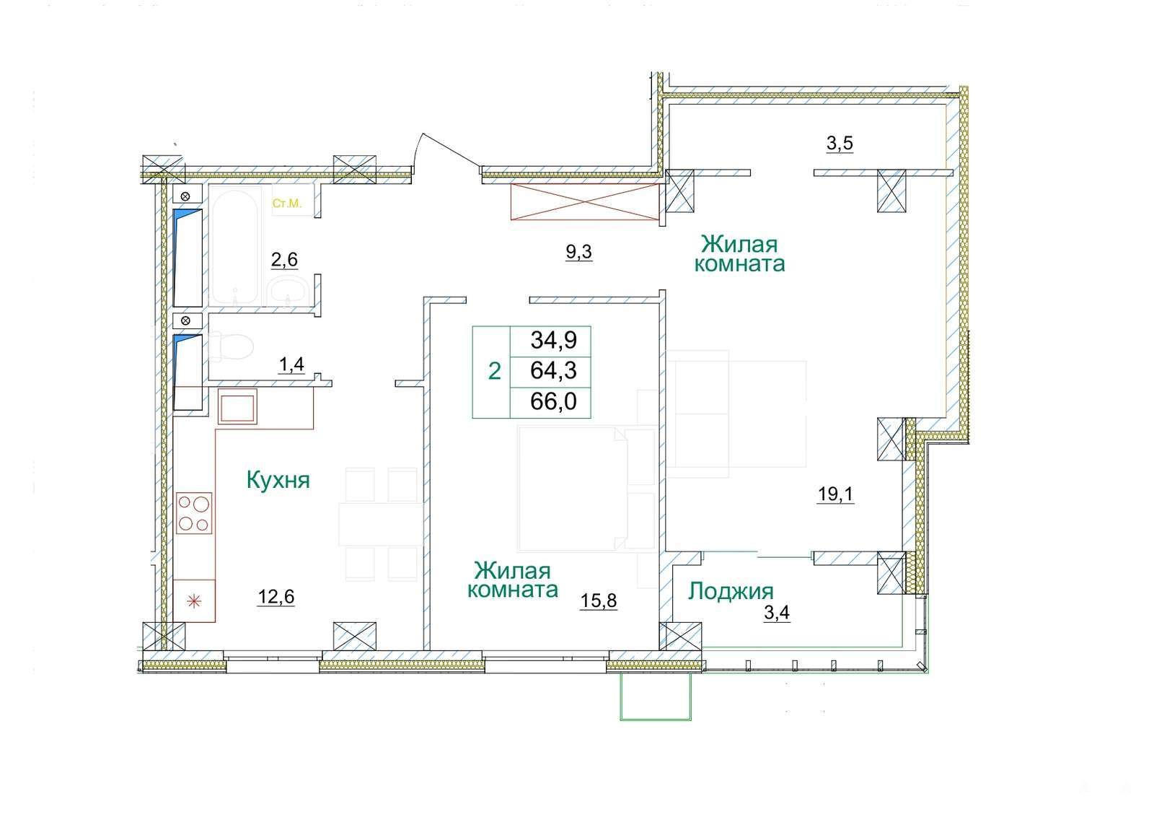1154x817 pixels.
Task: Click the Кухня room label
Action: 278,481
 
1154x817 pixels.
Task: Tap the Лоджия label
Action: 731,592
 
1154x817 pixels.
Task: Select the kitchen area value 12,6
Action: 276,596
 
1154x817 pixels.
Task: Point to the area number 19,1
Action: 836,494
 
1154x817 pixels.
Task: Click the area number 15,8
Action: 599,600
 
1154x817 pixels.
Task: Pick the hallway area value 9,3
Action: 579,252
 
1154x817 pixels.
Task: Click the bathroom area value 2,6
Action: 284,259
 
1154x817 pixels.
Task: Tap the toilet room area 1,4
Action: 291,364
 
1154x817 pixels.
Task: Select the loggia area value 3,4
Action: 777,613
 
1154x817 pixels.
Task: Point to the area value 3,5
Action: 840,143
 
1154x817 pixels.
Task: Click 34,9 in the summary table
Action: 554,340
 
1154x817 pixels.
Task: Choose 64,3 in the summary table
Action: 554,370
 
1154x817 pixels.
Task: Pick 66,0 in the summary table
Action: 554,401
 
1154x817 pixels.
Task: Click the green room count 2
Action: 494,371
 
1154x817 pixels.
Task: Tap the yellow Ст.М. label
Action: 287,203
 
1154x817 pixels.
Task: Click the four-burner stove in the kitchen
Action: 194,513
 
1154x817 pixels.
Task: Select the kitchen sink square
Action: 237,407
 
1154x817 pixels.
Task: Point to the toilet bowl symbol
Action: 232,346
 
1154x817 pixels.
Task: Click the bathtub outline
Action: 234,246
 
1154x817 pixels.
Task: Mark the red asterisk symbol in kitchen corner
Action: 194,601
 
